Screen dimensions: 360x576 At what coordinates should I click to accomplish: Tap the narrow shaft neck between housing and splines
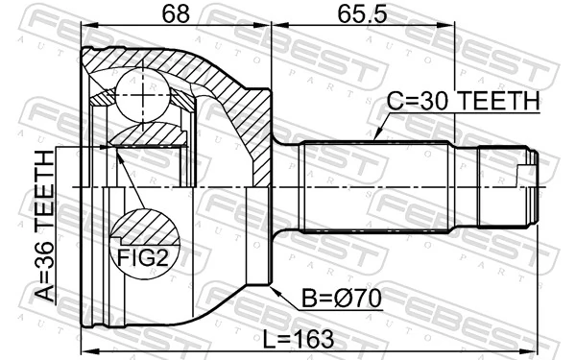click(287, 186)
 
